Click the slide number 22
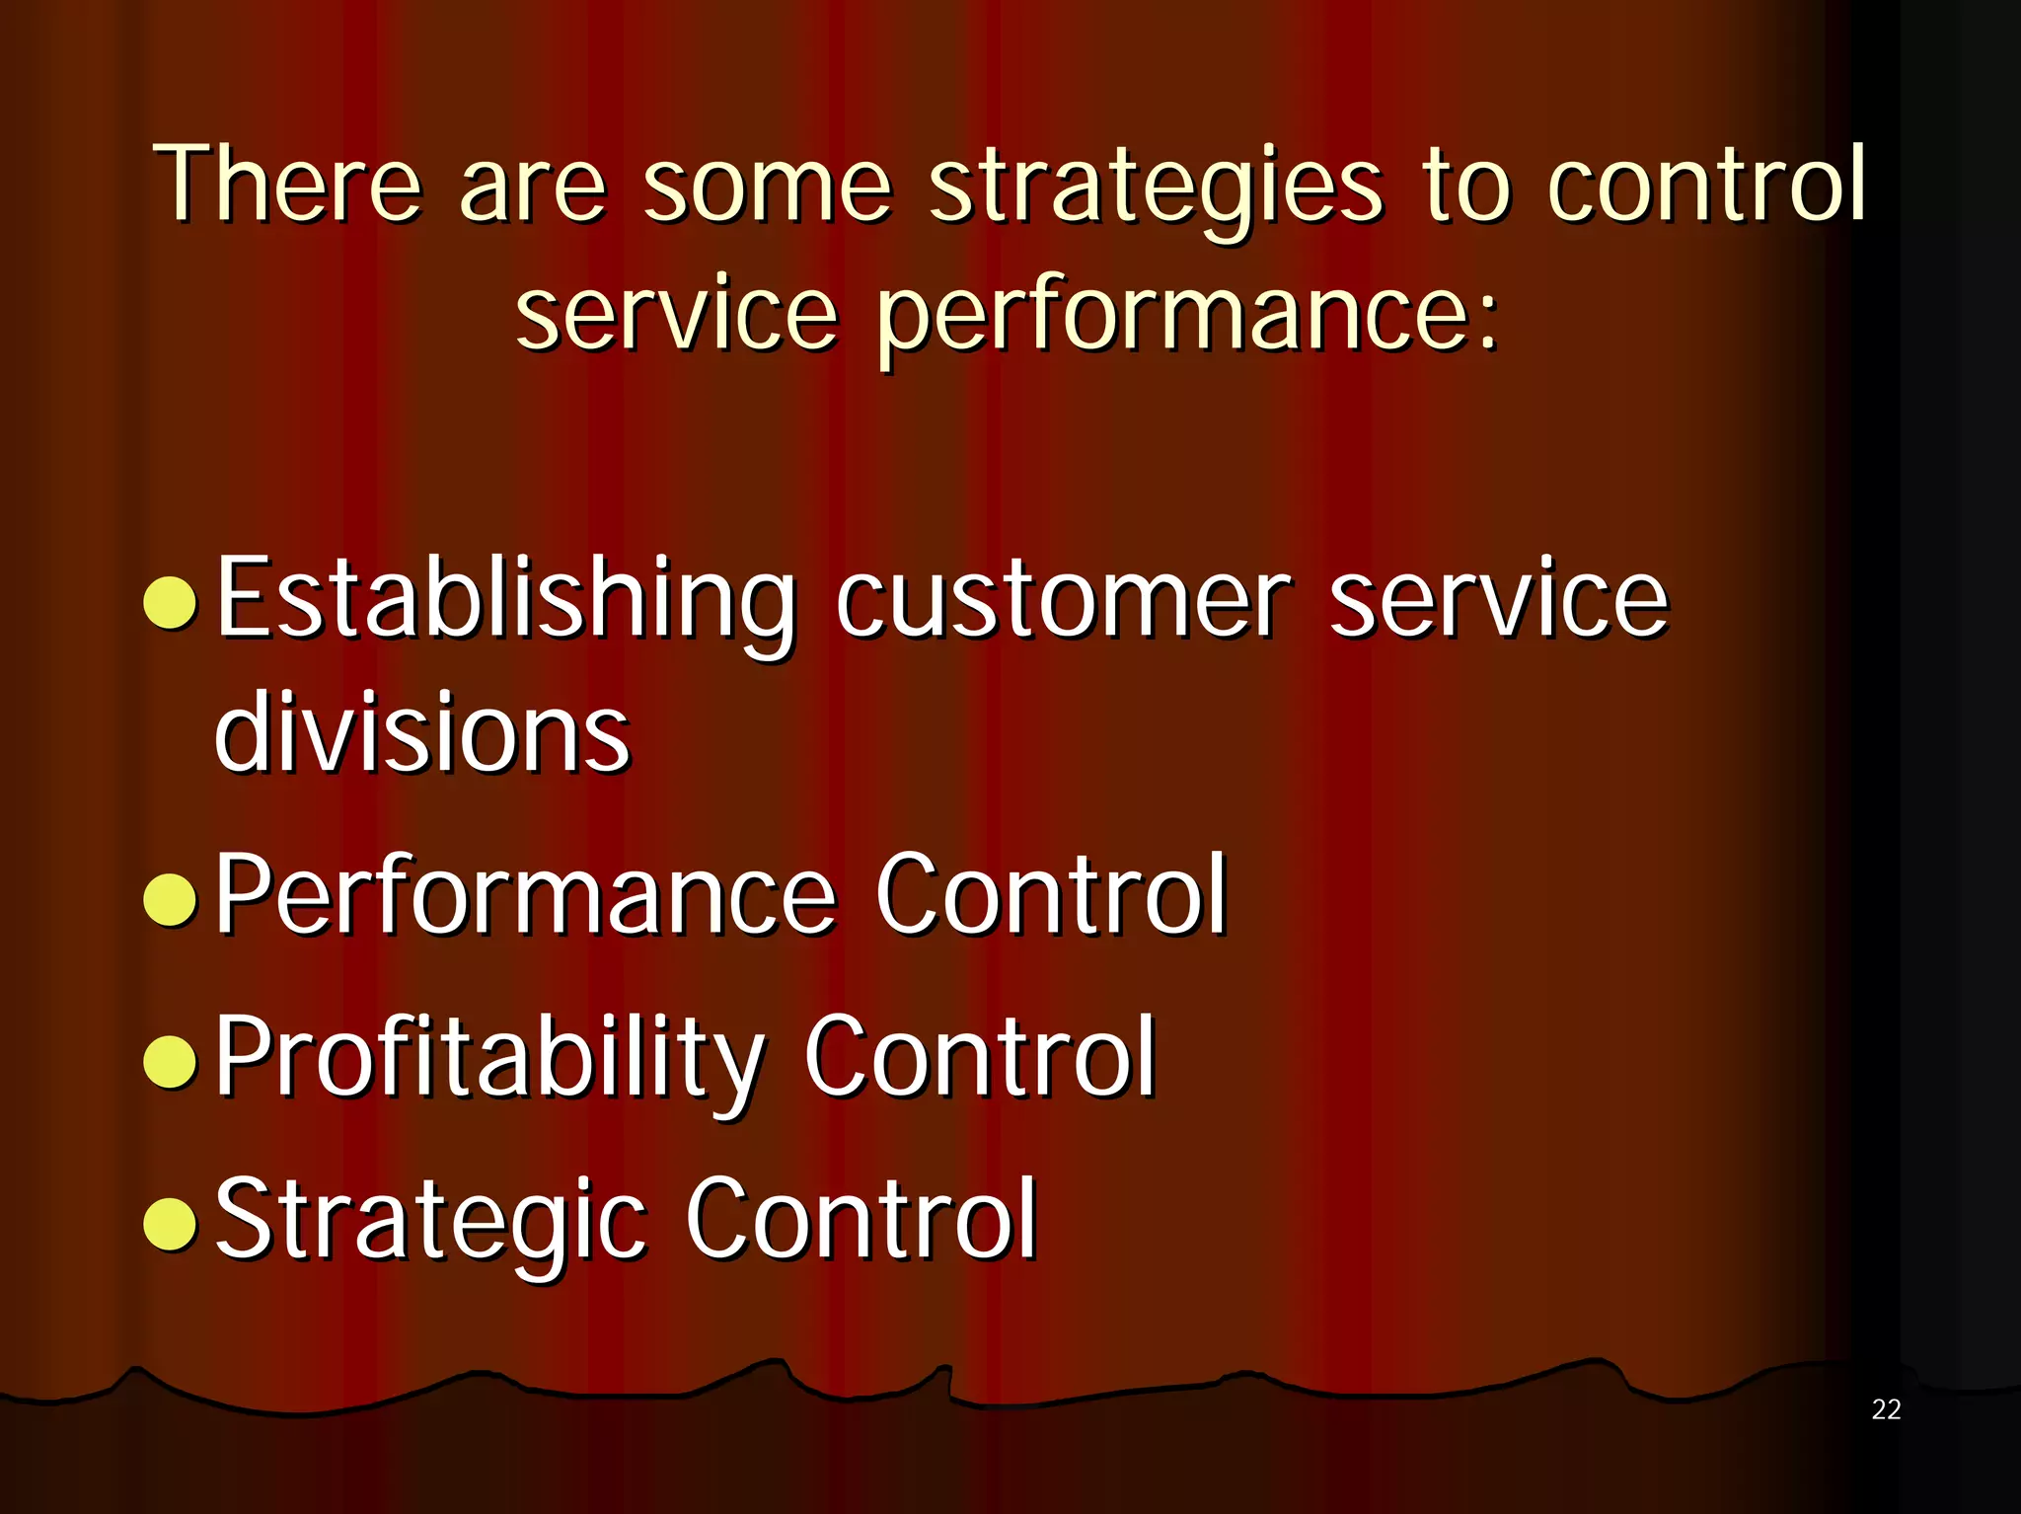(1885, 1409)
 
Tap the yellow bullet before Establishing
(171, 602)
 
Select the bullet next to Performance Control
(171, 899)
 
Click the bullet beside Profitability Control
(171, 1060)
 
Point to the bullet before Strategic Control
(171, 1223)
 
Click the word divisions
(421, 732)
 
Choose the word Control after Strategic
(861, 1219)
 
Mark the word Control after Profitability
(979, 1056)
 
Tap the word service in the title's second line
(676, 314)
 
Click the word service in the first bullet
(1498, 600)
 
